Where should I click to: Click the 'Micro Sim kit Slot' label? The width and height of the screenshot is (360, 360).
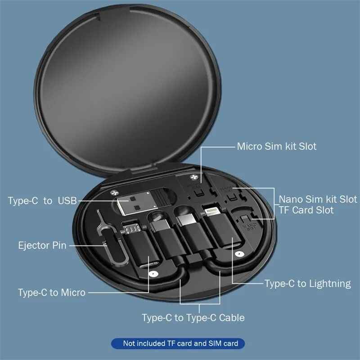coord(277,146)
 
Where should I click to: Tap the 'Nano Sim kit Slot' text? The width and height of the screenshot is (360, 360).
coord(318,199)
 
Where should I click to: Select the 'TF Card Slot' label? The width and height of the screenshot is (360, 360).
coord(306,210)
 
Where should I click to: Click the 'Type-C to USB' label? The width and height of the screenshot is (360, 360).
coord(42,200)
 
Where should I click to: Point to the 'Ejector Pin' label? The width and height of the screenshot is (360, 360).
coord(42,246)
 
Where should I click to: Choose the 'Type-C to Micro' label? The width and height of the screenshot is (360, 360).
coord(52,292)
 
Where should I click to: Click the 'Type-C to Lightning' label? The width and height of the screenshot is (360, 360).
coord(307,283)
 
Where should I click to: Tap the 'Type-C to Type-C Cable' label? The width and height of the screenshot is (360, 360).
coord(193,318)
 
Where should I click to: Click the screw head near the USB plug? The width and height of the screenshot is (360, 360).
coord(111,191)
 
